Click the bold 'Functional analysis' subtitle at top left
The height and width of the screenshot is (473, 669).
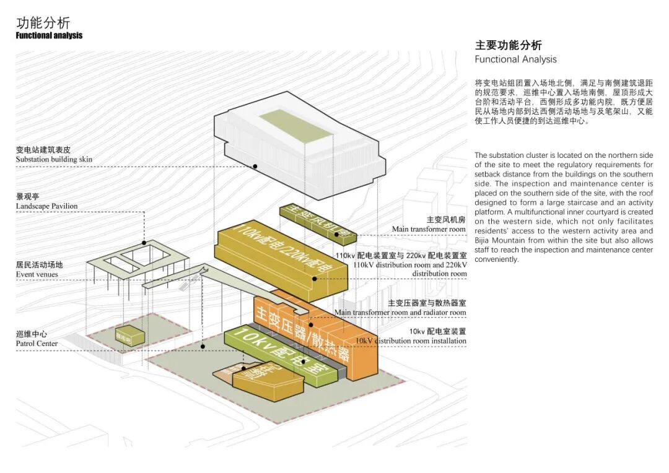click(49, 36)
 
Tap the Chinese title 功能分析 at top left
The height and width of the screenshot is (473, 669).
click(43, 23)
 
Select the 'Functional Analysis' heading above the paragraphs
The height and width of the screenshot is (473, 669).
click(515, 59)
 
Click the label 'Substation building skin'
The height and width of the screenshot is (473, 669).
click(54, 159)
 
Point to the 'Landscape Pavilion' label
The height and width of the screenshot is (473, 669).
click(46, 206)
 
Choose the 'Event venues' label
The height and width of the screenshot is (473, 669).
click(37, 274)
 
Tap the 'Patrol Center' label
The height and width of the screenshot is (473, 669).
click(37, 344)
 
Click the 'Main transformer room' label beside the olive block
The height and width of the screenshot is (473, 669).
click(429, 229)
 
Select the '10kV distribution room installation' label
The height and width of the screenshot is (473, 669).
click(411, 341)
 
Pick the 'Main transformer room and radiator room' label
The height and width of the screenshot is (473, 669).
click(400, 312)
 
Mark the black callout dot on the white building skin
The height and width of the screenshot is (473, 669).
click(255, 167)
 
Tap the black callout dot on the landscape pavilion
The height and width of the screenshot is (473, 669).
click(144, 243)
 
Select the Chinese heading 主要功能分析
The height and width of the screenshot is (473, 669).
click(508, 45)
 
